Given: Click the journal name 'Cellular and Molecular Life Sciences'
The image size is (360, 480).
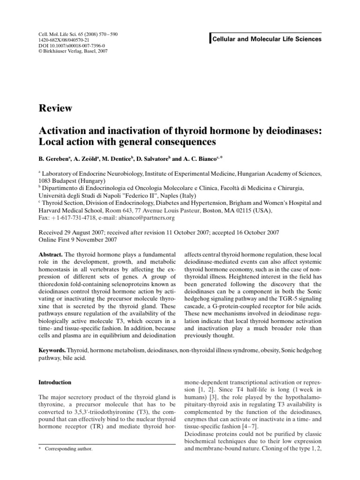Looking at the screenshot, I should [267, 39].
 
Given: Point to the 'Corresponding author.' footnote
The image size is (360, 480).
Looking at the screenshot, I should [68, 449].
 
